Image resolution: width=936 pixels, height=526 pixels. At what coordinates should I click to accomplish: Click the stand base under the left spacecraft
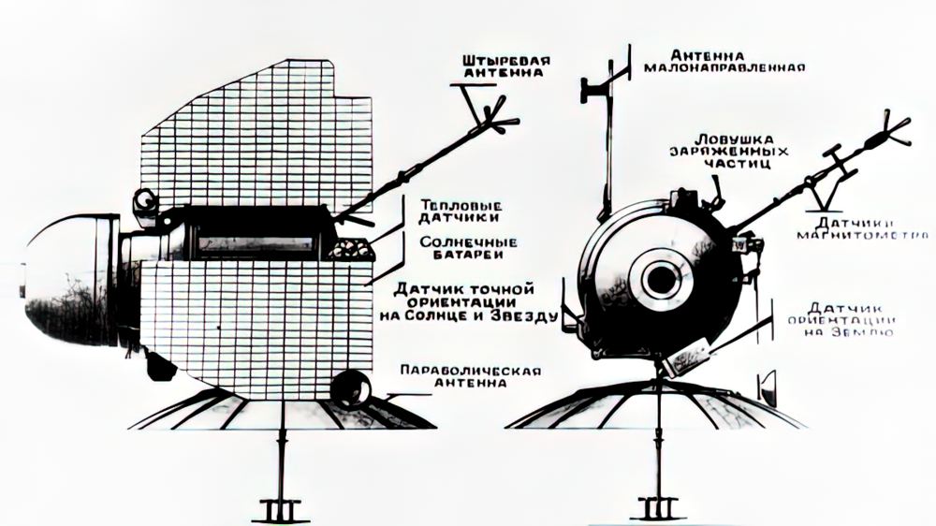[280, 509]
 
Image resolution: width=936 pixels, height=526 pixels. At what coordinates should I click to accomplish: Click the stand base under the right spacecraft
[658, 509]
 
